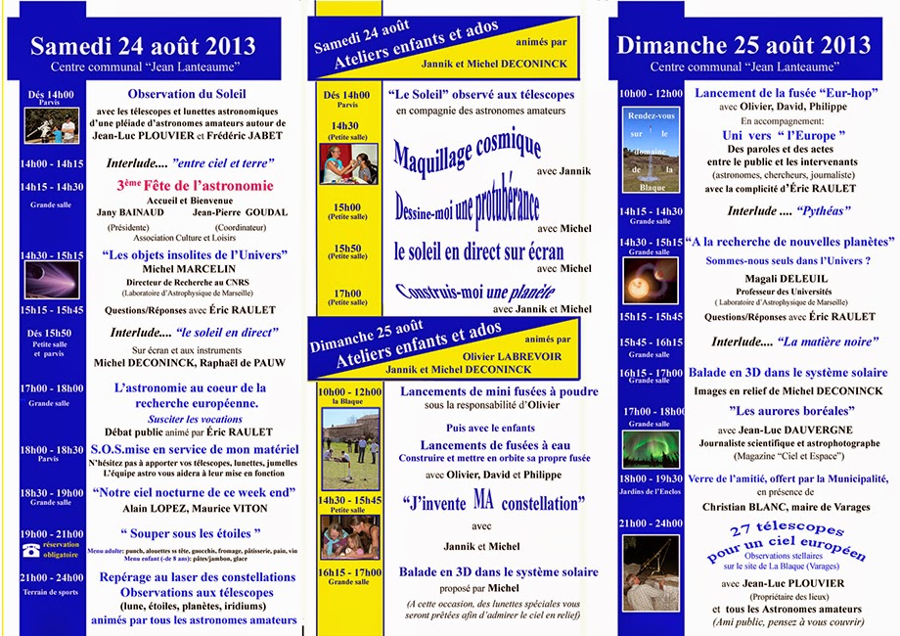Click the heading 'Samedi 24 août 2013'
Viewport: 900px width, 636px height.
[x=143, y=46]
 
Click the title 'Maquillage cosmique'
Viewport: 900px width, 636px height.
[x=468, y=153]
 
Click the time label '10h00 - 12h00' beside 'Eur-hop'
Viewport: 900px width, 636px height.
[x=651, y=93]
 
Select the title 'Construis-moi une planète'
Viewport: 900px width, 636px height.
[x=474, y=291]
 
